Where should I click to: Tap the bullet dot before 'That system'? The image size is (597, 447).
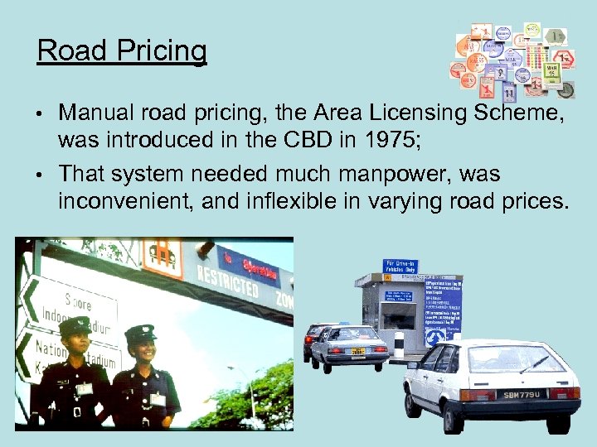tap(41, 175)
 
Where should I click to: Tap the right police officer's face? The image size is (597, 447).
tap(141, 352)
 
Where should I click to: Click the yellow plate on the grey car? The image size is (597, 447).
tap(358, 352)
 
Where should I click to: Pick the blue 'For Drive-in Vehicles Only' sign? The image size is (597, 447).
tap(400, 267)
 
